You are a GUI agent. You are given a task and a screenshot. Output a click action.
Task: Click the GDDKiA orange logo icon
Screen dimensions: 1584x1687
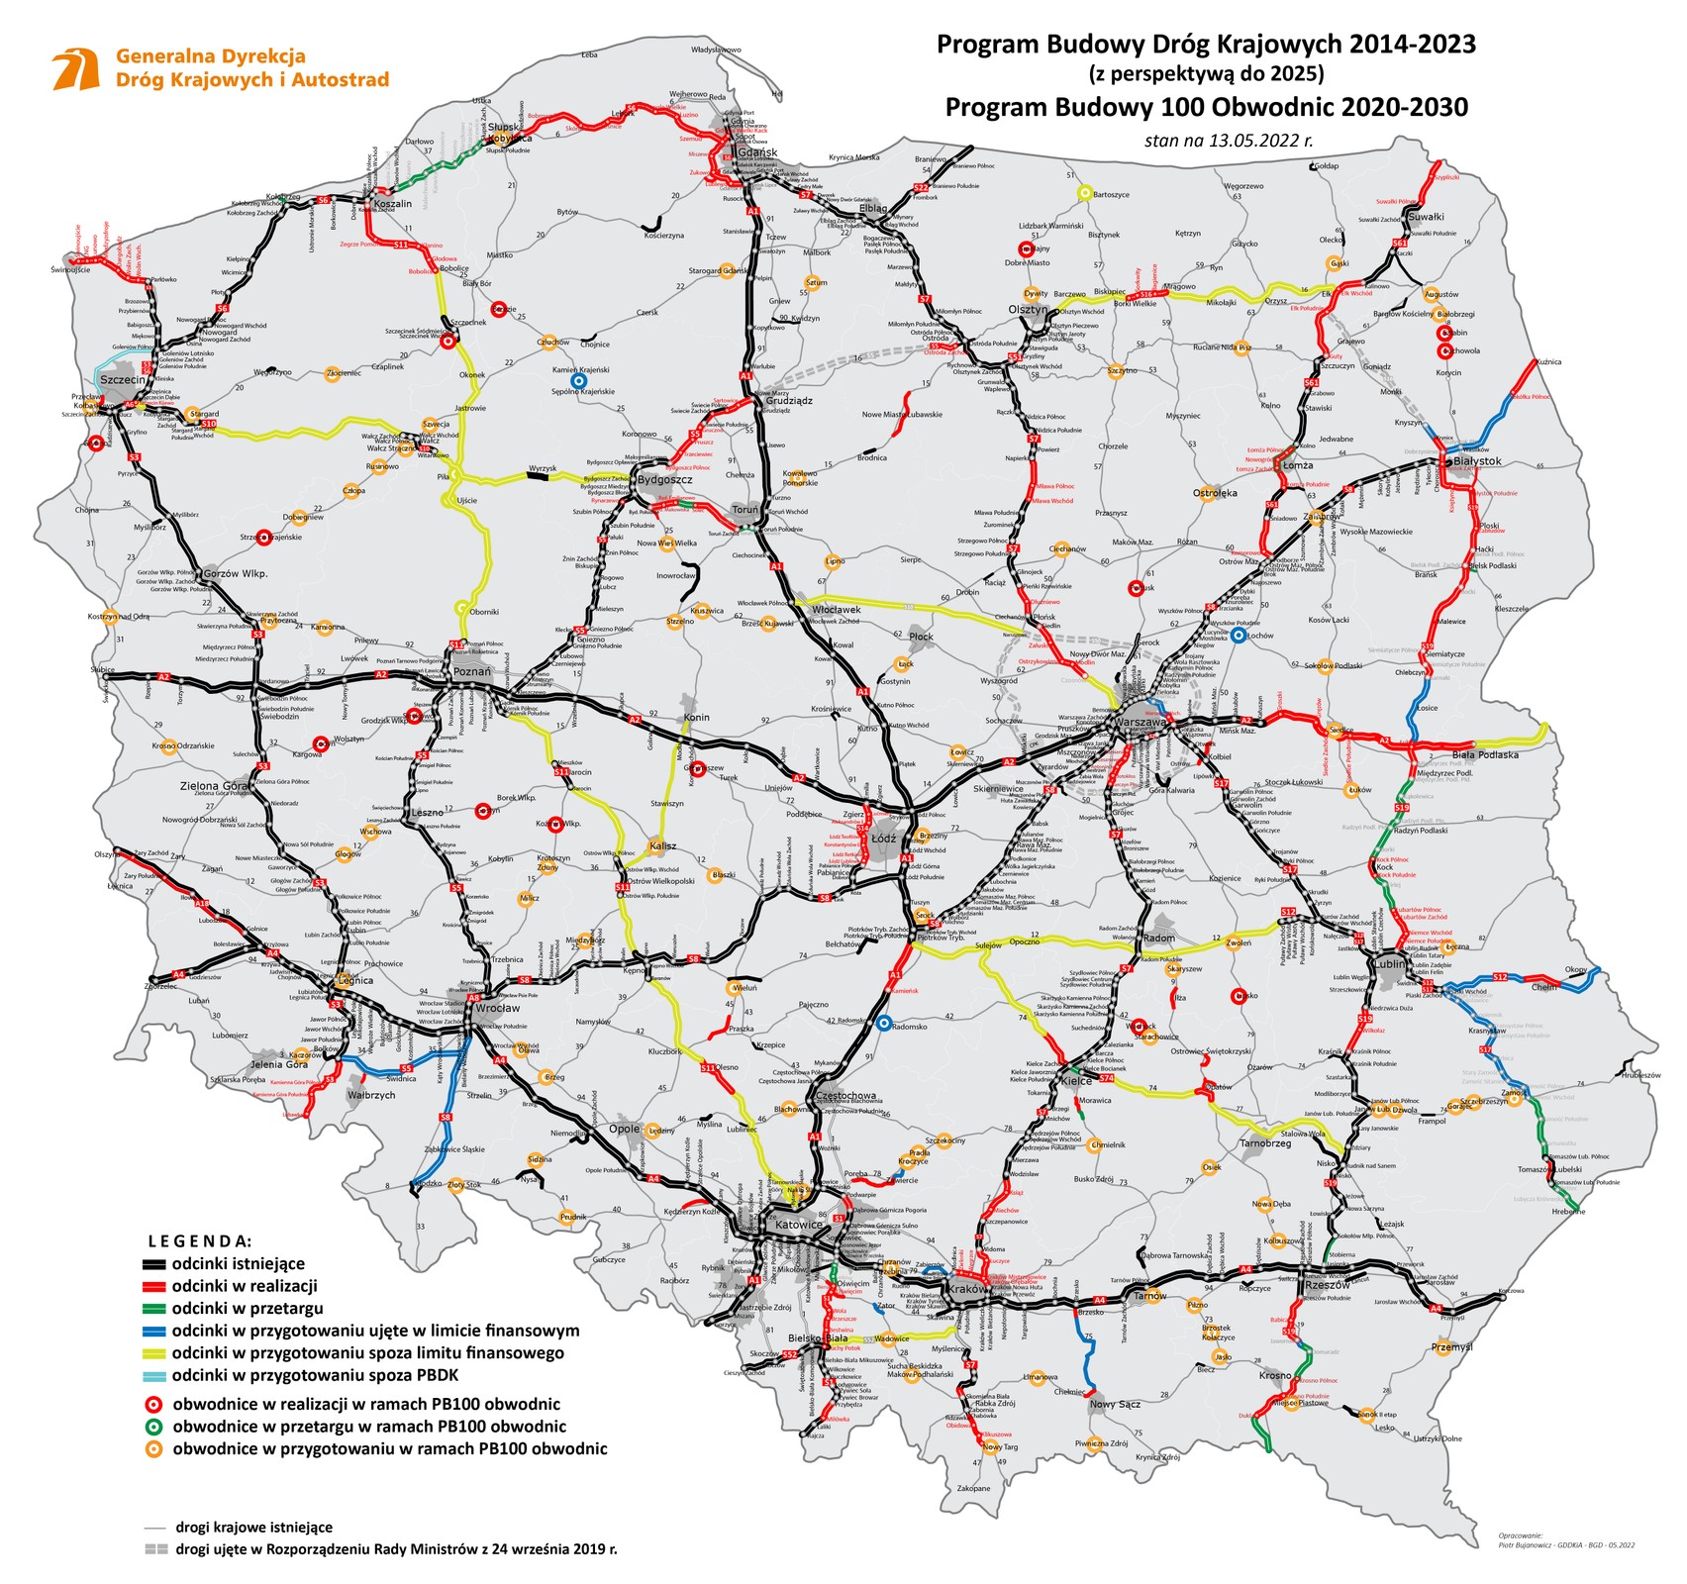click(76, 69)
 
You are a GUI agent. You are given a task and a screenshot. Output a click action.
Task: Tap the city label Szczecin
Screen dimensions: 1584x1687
click(124, 379)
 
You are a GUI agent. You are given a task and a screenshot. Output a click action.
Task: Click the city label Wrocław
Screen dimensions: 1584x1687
click(497, 1008)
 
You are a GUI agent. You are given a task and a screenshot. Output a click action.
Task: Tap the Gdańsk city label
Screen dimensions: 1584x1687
click(757, 153)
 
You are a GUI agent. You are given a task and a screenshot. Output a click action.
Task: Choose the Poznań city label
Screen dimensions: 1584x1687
click(472, 671)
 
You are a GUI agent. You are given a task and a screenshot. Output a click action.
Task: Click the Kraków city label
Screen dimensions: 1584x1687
click(966, 1289)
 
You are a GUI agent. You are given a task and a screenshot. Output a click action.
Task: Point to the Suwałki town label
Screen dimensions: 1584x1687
click(1427, 217)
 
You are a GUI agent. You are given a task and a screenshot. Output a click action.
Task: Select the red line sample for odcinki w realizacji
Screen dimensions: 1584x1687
click(154, 1286)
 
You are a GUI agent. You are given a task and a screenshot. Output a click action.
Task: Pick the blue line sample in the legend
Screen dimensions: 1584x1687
click(154, 1331)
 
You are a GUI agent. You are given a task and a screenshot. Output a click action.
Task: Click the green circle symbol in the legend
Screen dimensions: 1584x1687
click(154, 1427)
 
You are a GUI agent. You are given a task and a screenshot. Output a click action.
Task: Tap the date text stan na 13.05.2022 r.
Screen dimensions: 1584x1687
click(1229, 141)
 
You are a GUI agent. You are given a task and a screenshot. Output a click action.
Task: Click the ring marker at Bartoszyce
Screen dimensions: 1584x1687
click(1084, 193)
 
